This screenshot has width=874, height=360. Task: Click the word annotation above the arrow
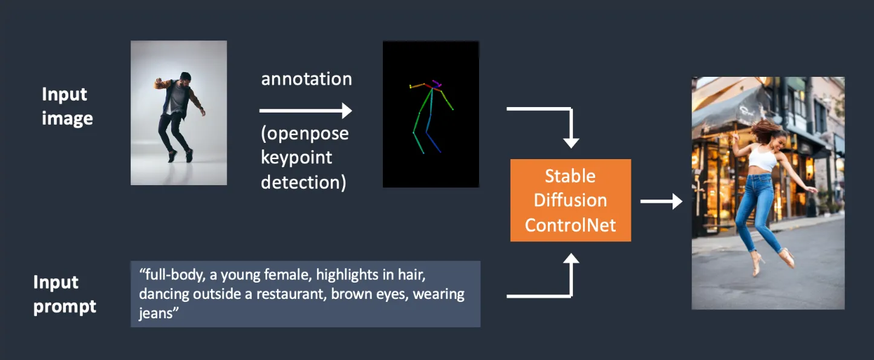click(307, 79)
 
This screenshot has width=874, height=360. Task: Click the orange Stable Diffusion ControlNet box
click(570, 200)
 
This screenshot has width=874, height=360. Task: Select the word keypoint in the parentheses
click(296, 158)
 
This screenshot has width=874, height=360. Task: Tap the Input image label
click(67, 106)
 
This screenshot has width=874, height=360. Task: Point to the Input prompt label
click(64, 295)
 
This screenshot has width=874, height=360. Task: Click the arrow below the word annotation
click(305, 111)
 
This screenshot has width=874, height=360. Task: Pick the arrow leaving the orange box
click(661, 201)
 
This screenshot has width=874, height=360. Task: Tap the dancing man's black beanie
click(186, 76)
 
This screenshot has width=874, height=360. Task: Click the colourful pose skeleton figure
click(431, 117)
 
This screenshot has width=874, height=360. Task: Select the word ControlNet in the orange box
click(570, 225)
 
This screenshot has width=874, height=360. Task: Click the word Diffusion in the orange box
click(570, 200)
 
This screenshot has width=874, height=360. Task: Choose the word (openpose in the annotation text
click(305, 134)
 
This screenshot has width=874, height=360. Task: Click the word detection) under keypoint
click(303, 182)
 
